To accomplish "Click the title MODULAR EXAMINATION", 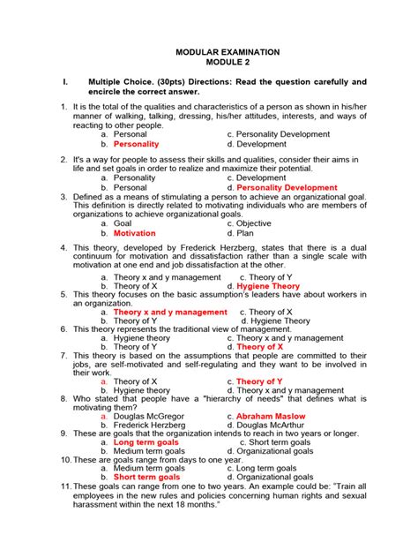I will (228, 53).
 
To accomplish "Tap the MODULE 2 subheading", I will (228, 64).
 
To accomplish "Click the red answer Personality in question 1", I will (137, 143).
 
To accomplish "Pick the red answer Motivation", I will (135, 234).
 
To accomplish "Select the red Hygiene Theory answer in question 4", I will (268, 287).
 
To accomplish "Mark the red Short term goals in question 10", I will (146, 477).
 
